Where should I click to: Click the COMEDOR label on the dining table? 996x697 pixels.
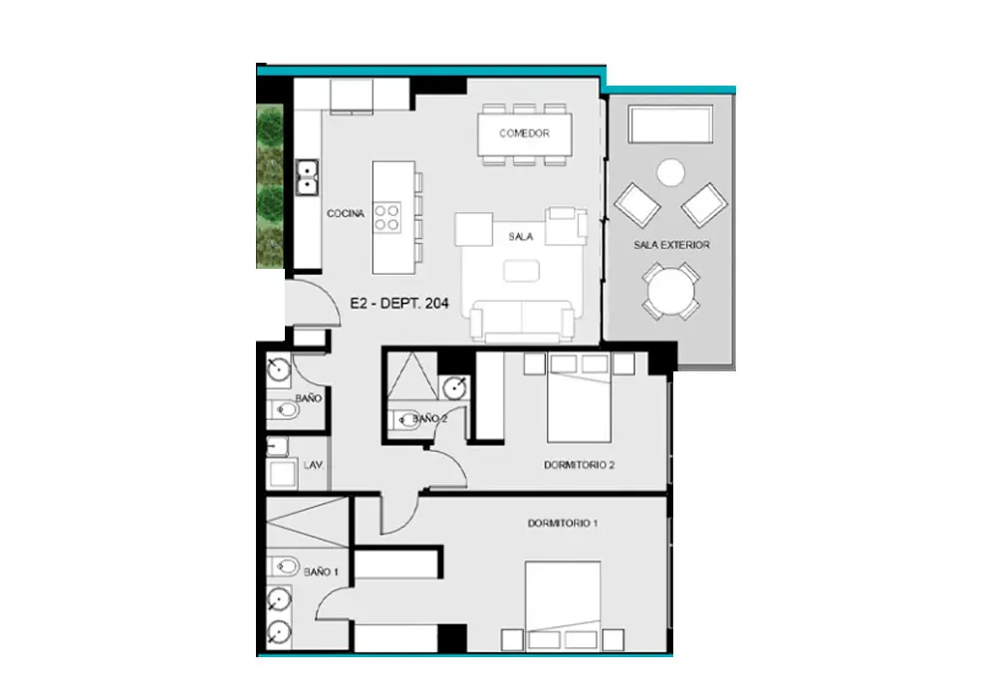pyautogui.click(x=524, y=133)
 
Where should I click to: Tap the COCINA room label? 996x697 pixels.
pyautogui.click(x=346, y=213)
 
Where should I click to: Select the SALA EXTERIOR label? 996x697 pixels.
pyautogui.click(x=671, y=244)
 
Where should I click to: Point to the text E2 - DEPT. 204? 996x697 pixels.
pyautogui.click(x=399, y=304)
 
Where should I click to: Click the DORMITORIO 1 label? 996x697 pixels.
pyautogui.click(x=563, y=523)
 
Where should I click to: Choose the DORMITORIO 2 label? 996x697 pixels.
pyautogui.click(x=580, y=465)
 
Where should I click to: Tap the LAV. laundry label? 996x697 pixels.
pyautogui.click(x=313, y=465)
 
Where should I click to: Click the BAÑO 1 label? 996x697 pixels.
pyautogui.click(x=321, y=572)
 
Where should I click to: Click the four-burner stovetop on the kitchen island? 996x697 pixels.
pyautogui.click(x=386, y=217)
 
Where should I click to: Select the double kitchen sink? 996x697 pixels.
pyautogui.click(x=307, y=178)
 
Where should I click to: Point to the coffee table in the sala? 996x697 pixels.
pyautogui.click(x=522, y=271)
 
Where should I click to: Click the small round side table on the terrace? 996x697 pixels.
pyautogui.click(x=670, y=172)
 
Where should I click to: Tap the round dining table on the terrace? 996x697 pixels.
pyautogui.click(x=670, y=292)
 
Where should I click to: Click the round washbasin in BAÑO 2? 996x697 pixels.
pyautogui.click(x=455, y=387)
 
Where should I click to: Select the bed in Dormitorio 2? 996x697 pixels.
pyautogui.click(x=579, y=406)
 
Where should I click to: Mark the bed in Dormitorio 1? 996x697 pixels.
pyautogui.click(x=563, y=596)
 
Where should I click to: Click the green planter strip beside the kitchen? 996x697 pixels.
pyautogui.click(x=269, y=186)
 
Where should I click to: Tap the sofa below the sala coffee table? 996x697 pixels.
pyautogui.click(x=522, y=321)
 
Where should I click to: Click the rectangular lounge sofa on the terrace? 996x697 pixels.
pyautogui.click(x=670, y=124)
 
